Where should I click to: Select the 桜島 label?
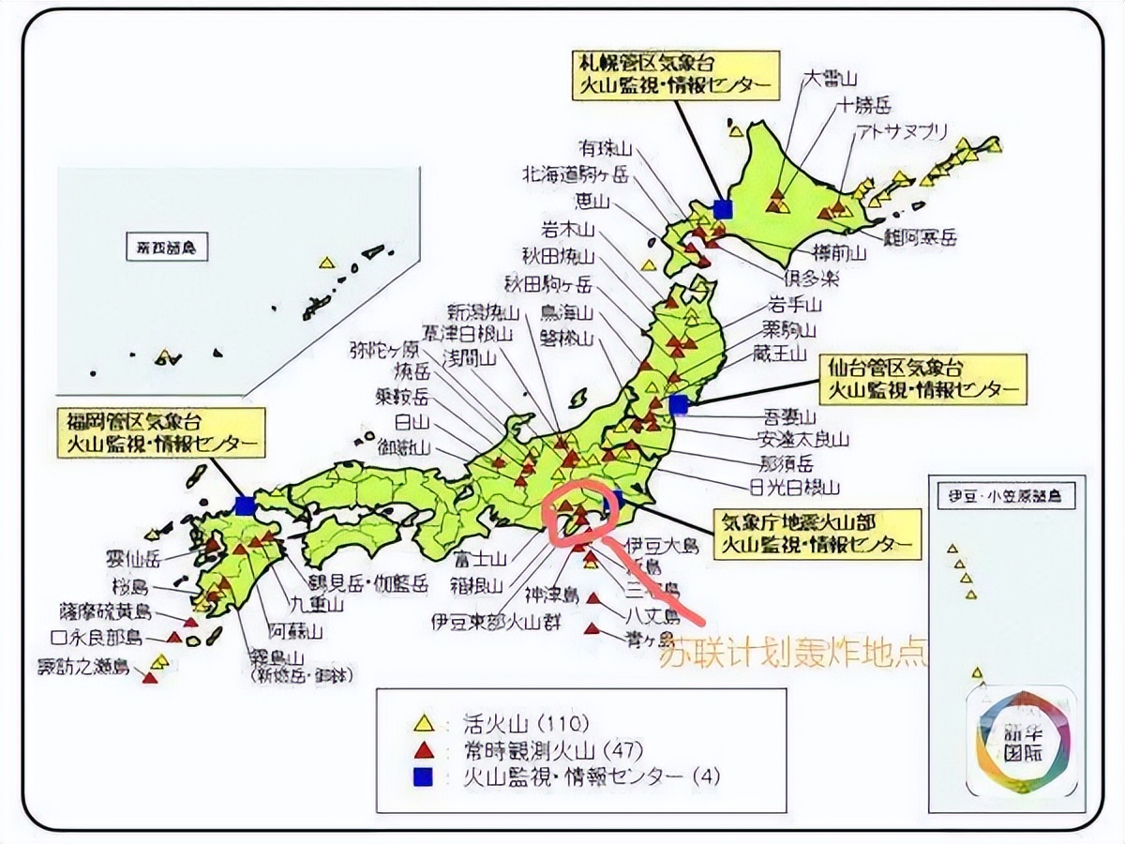[x=128, y=588]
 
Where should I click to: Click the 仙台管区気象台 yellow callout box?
[x=920, y=377]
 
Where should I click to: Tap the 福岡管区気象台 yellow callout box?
[x=159, y=432]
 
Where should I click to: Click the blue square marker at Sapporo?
[x=722, y=207]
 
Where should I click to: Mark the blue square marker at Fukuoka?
[x=246, y=505]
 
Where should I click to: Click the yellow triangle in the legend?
[x=424, y=723]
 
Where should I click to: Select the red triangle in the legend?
[x=424, y=749]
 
